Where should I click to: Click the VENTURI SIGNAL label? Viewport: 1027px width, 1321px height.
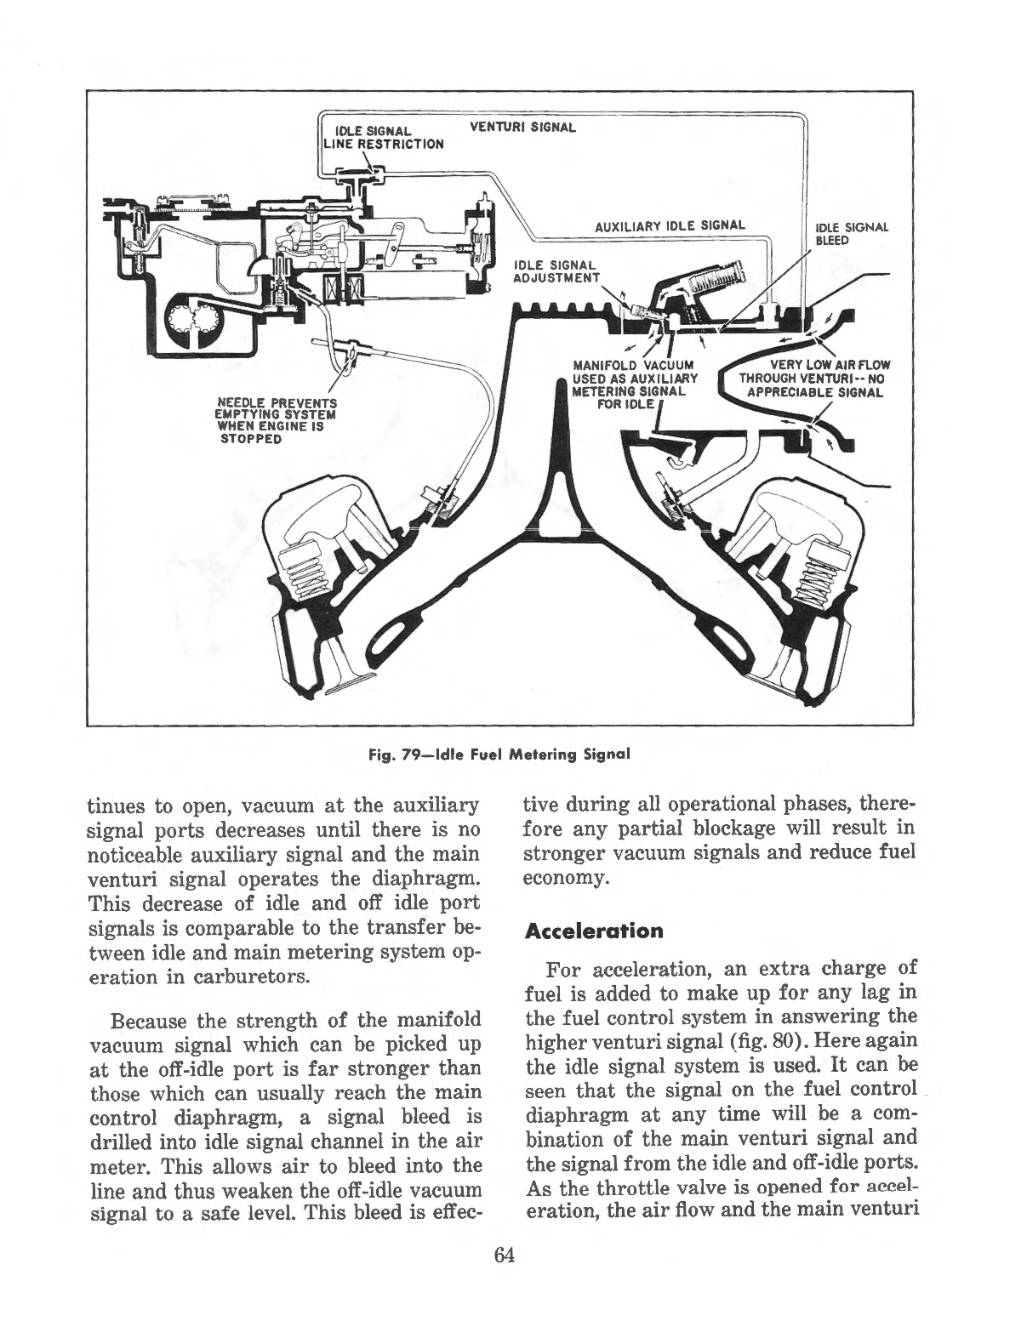(523, 128)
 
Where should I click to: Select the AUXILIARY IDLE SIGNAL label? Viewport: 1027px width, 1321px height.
(670, 225)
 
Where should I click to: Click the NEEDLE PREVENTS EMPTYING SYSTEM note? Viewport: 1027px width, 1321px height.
(276, 420)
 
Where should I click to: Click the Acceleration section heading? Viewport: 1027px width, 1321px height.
(594, 930)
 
